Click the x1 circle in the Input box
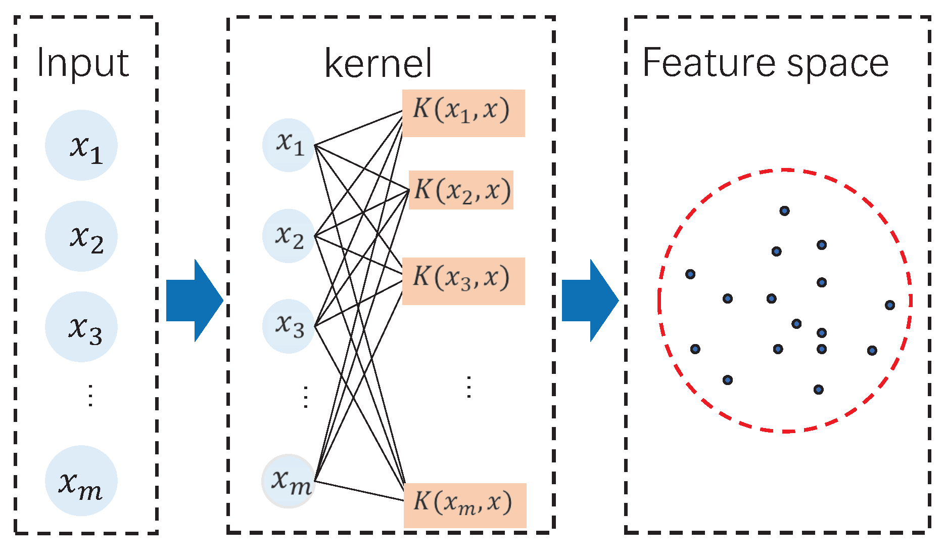click(81, 145)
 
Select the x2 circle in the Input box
click(81, 236)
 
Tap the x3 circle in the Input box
click(81, 327)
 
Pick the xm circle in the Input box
click(81, 481)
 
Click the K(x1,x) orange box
click(463, 113)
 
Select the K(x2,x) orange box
click(461, 190)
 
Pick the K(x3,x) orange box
click(463, 281)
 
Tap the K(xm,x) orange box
click(465, 505)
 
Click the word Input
click(83, 63)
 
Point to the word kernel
click(378, 64)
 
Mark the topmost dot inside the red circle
click(784, 211)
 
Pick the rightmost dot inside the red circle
click(890, 305)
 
